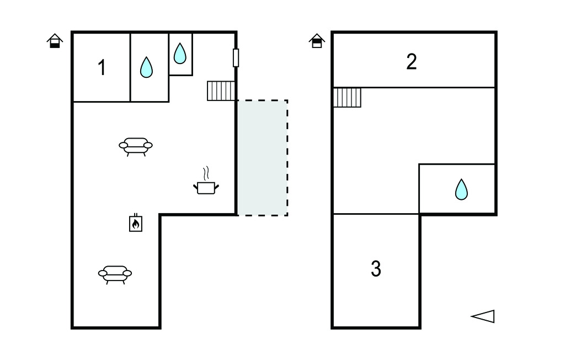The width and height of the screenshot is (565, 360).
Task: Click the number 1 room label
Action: pyautogui.click(x=102, y=68)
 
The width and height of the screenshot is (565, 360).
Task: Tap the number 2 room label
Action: pyautogui.click(x=412, y=62)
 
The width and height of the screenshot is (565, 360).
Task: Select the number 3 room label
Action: pyautogui.click(x=376, y=269)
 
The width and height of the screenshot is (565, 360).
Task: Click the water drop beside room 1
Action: pyautogui.click(x=146, y=67)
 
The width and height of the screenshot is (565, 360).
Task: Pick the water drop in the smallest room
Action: pyautogui.click(x=180, y=54)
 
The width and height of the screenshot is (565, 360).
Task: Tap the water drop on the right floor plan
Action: pyautogui.click(x=461, y=189)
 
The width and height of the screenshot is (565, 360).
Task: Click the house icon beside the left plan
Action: pyautogui.click(x=55, y=41)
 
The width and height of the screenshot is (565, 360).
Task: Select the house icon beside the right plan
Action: pyautogui.click(x=317, y=41)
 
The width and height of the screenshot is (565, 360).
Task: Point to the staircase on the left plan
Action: pyautogui.click(x=221, y=91)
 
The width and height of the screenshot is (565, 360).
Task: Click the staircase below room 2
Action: pyautogui.click(x=348, y=98)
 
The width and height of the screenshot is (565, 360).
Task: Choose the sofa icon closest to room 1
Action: pyautogui.click(x=136, y=146)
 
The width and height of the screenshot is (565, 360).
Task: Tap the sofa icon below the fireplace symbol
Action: pyautogui.click(x=115, y=273)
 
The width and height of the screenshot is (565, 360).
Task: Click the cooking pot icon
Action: pyautogui.click(x=206, y=187)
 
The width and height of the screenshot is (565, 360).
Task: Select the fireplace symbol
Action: pyautogui.click(x=136, y=223)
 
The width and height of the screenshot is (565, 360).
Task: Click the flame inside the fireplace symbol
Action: pyautogui.click(x=136, y=224)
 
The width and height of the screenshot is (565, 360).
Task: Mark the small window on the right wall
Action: pyautogui.click(x=236, y=57)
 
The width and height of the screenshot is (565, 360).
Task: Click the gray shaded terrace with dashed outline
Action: pyautogui.click(x=263, y=157)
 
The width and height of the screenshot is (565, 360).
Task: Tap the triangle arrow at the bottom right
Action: pyautogui.click(x=483, y=316)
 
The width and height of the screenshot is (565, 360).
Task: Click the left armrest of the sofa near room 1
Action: pyautogui.click(x=123, y=145)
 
